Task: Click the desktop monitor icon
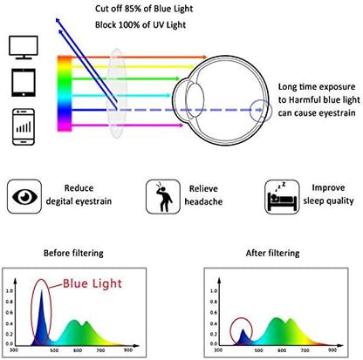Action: point(24,47)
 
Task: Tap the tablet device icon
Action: point(24,83)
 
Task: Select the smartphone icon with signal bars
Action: point(24,126)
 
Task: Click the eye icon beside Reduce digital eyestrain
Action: point(24,197)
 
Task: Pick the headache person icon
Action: point(163,197)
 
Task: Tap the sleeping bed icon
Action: point(282,197)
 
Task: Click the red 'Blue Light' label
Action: point(92,283)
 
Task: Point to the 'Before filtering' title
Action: point(73,253)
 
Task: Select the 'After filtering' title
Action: point(272,253)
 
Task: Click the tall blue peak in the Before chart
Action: point(41,320)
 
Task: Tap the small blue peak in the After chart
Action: point(243,337)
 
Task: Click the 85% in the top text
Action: point(134,9)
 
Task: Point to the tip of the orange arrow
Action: point(207,57)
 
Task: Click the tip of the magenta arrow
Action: point(183,126)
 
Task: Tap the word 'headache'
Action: point(203,201)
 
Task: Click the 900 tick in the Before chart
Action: point(128,350)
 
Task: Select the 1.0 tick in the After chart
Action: point(214,291)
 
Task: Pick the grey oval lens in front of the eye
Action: point(117,93)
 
